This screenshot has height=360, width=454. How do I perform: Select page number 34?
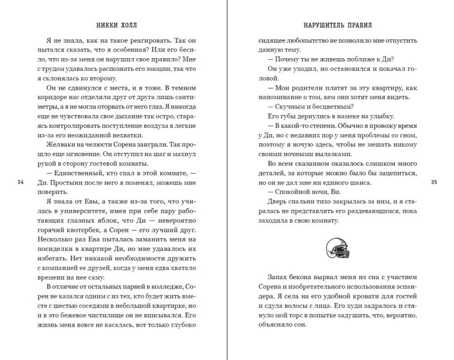tap(21, 182)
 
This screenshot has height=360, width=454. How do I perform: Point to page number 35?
tap(435, 182)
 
